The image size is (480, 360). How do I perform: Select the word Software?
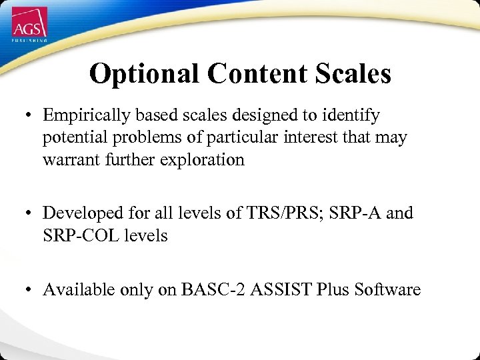click(x=387, y=289)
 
